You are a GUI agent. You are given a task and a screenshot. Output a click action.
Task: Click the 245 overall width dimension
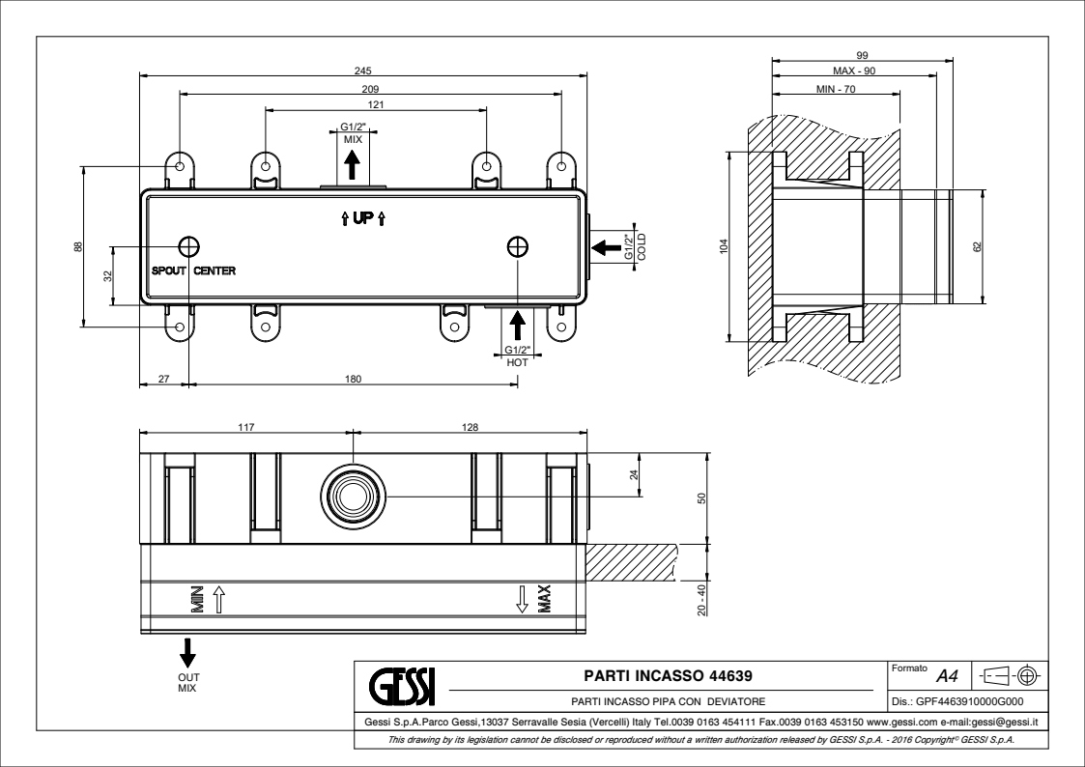[364, 70]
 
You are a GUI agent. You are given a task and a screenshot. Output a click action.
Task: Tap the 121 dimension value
[376, 104]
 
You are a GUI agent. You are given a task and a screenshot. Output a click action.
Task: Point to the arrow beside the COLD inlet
[607, 247]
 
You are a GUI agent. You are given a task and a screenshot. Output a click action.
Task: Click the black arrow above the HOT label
[517, 325]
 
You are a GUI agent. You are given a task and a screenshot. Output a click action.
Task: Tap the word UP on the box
[362, 219]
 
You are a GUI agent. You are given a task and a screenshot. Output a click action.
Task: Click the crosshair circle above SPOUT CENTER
[188, 245]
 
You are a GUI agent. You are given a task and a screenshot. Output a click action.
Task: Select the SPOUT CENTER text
[193, 270]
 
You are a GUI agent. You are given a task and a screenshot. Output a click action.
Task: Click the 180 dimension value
[353, 380]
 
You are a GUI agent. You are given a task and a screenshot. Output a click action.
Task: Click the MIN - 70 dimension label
[836, 89]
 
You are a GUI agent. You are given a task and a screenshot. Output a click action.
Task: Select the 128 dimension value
[471, 427]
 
